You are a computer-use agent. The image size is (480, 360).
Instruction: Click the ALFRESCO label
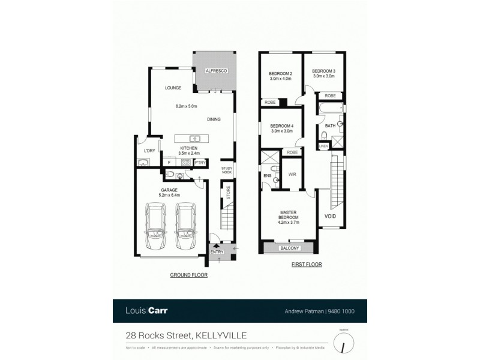(x=215, y=70)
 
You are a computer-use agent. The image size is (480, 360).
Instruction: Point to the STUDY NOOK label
(x=227, y=170)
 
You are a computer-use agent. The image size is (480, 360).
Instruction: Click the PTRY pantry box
(x=200, y=162)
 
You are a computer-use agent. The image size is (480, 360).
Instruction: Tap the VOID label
(x=330, y=216)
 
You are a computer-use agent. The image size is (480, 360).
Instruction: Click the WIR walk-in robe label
(x=292, y=175)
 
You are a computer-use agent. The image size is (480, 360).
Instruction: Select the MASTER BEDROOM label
(x=289, y=215)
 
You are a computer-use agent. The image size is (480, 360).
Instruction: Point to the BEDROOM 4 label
(x=281, y=128)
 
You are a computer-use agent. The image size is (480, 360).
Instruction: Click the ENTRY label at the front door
(x=217, y=252)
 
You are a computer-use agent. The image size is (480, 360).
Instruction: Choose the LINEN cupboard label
(x=323, y=146)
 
